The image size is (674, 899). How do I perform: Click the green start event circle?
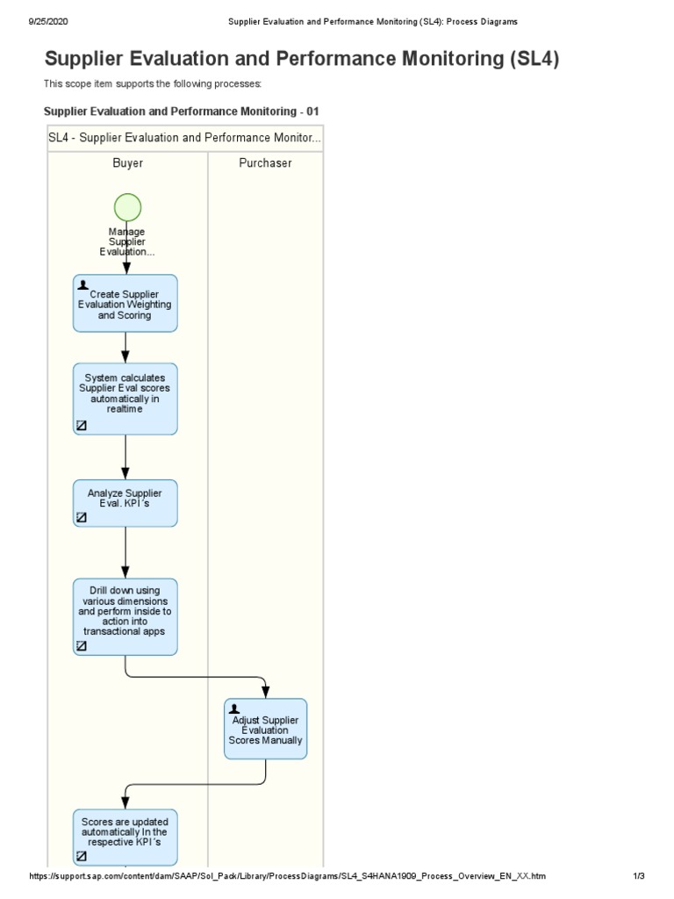coord(127,207)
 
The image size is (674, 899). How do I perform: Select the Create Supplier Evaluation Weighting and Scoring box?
coord(125,303)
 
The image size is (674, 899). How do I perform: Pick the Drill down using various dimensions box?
coord(125,615)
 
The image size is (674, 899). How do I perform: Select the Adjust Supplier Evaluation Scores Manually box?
coord(265,728)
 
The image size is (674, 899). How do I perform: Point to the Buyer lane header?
coord(128,163)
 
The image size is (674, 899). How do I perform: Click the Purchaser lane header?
coord(265,163)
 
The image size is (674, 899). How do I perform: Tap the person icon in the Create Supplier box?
coord(82,285)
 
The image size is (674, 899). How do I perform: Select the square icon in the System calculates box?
coord(82,425)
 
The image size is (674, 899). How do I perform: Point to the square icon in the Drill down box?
coord(82,645)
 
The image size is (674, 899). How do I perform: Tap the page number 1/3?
coord(638,876)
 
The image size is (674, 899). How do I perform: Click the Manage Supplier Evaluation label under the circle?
coord(127,241)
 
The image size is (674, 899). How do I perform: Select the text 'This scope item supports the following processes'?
coord(153,84)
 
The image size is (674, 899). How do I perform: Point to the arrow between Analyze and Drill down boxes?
coord(126,552)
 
